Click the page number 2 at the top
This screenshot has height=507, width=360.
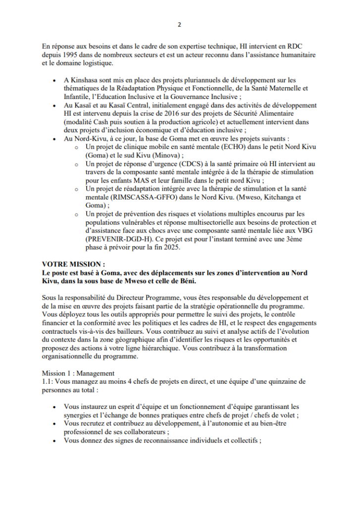[x=180, y=25]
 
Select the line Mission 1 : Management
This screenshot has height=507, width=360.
[x=78, y=373]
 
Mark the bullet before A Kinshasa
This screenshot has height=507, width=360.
[x=54, y=80]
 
